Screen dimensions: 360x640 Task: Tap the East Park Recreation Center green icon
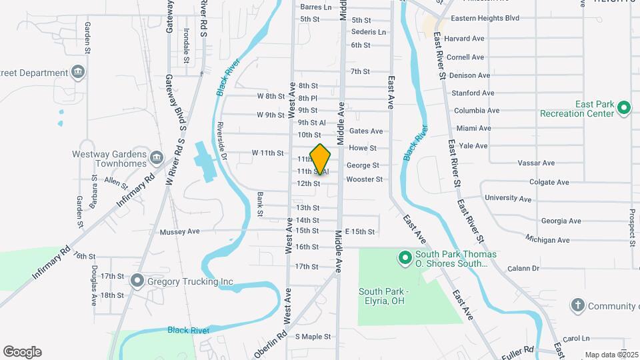pyautogui.click(x=624, y=107)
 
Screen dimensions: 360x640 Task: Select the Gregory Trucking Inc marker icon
pyautogui.click(x=137, y=281)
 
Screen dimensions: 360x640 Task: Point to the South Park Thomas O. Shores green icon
pyautogui.click(x=404, y=257)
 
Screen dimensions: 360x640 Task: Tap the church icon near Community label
pyautogui.click(x=577, y=306)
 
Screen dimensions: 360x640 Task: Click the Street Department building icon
pyautogui.click(x=78, y=72)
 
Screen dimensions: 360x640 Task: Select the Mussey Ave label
pyautogui.click(x=180, y=232)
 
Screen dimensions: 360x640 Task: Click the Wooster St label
pyautogui.click(x=364, y=179)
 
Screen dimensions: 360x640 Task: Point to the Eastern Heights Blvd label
pyautogui.click(x=485, y=19)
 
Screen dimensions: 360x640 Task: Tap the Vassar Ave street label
pyautogui.click(x=539, y=163)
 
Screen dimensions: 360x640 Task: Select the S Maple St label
pyautogui.click(x=313, y=337)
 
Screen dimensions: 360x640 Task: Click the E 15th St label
pyautogui.click(x=359, y=231)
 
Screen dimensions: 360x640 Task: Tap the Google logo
pyautogui.click(x=22, y=352)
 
